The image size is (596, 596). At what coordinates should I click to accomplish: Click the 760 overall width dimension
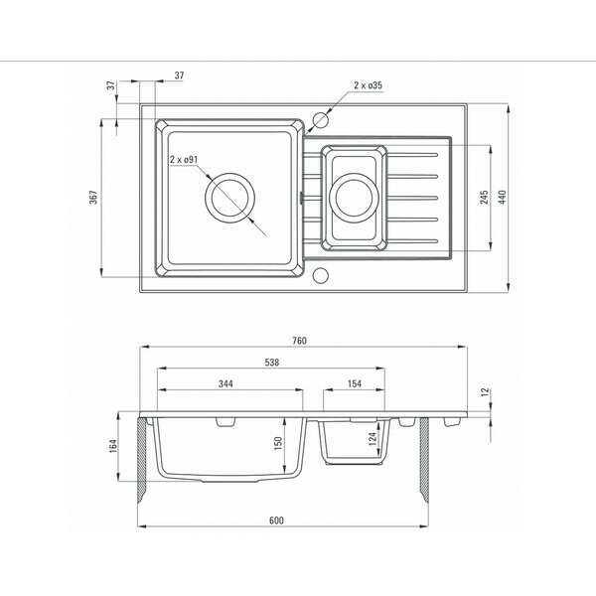[300, 341]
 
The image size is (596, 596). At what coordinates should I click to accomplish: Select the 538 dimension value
[272, 363]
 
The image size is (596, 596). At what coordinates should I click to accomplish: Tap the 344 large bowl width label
[225, 383]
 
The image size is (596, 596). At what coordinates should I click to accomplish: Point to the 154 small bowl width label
[355, 383]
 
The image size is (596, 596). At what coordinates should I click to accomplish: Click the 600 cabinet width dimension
[276, 521]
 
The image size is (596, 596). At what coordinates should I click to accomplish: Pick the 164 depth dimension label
[113, 445]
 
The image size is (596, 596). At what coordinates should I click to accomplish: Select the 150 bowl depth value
[278, 444]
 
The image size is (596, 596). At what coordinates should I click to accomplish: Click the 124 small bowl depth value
[372, 439]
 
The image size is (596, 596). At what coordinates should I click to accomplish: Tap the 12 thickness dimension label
[485, 392]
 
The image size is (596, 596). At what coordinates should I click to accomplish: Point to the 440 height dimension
[502, 198]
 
